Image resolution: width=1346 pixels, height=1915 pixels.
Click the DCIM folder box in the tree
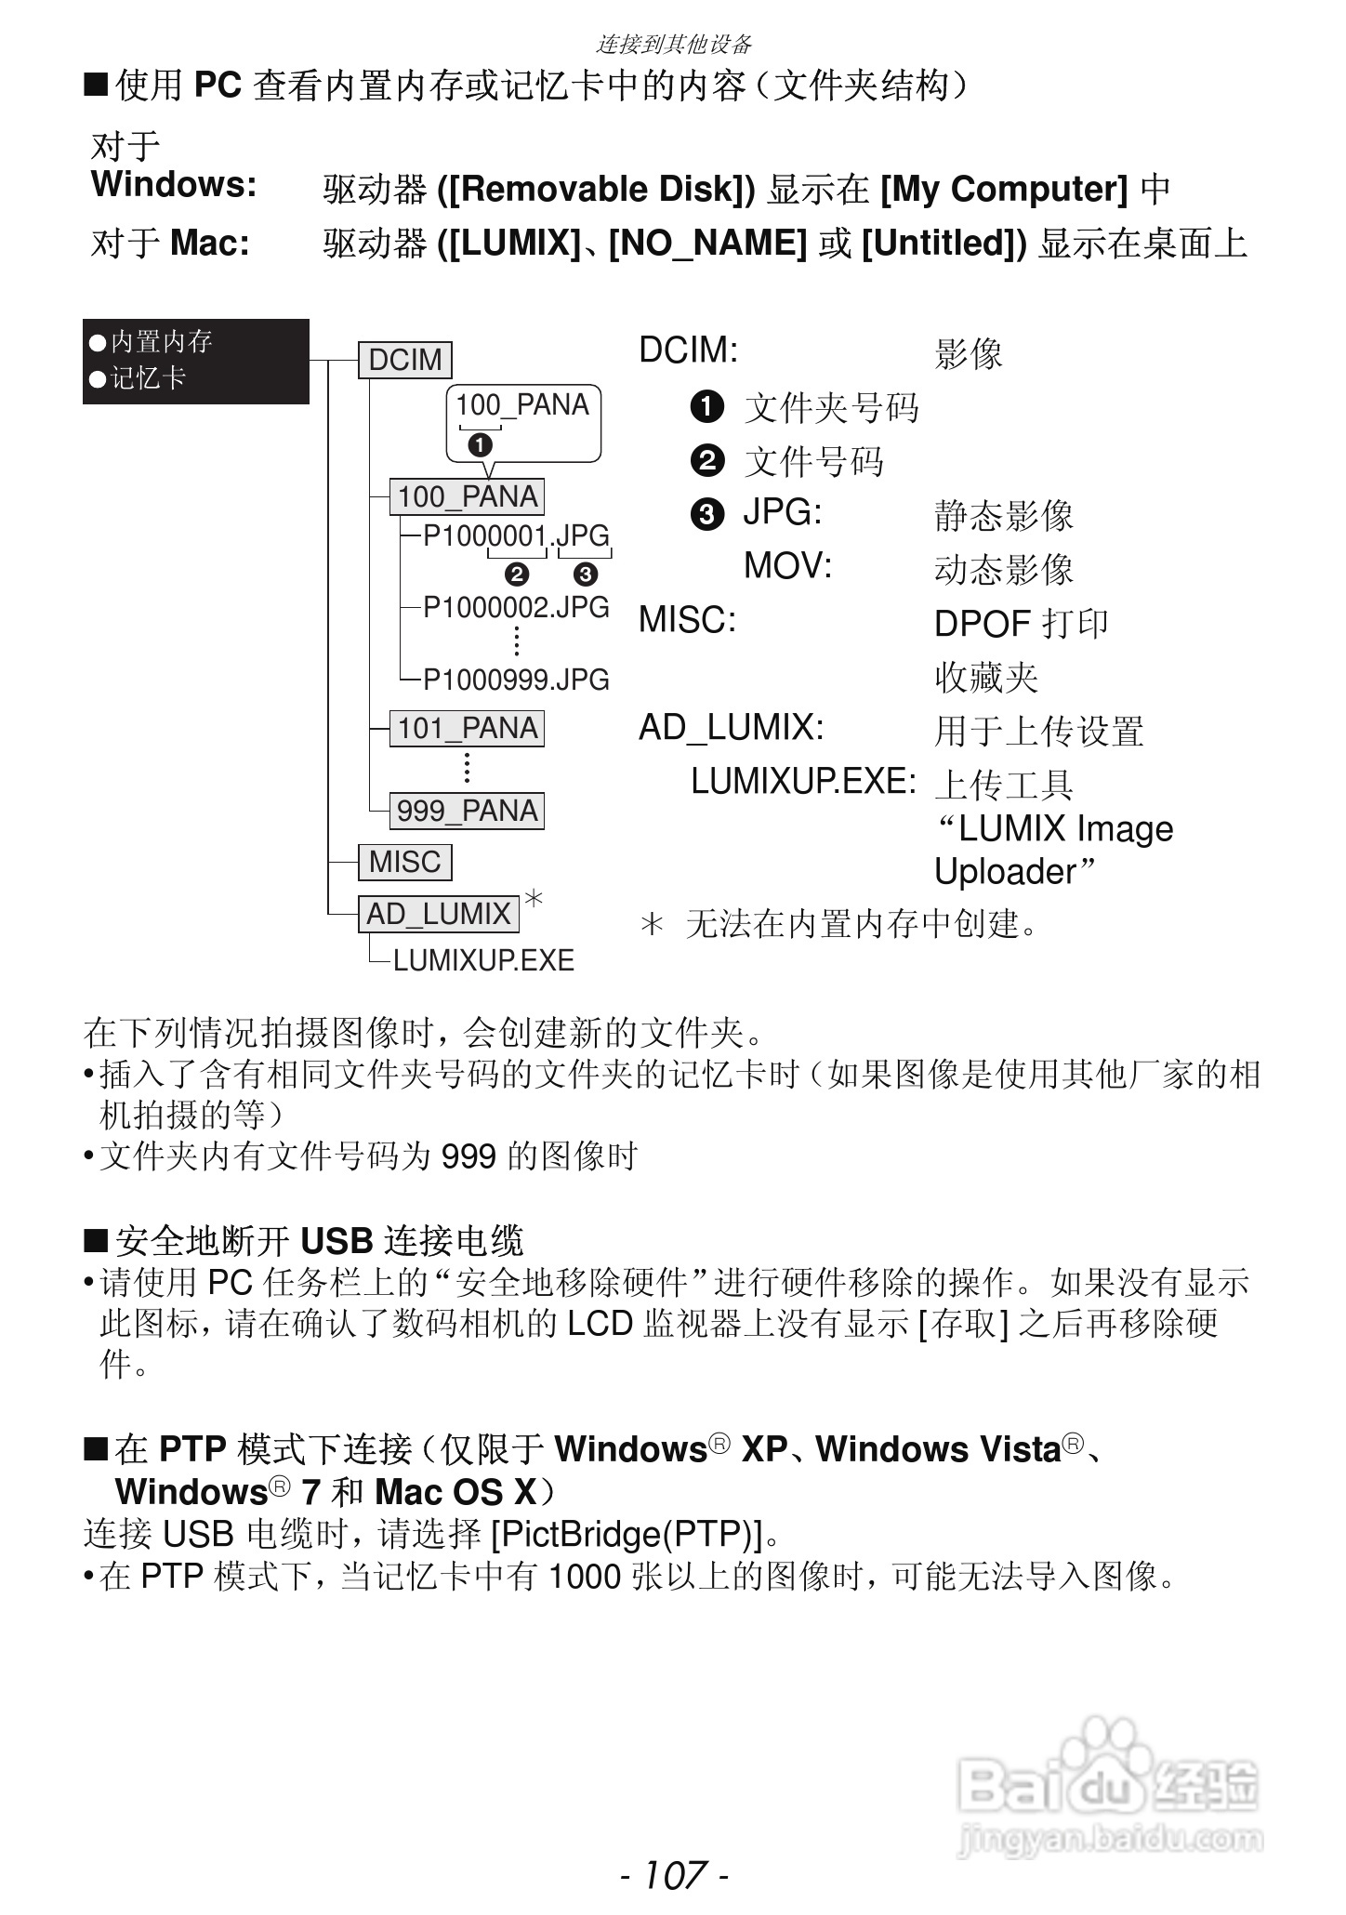pos(405,360)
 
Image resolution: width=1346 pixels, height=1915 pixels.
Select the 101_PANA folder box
pos(468,729)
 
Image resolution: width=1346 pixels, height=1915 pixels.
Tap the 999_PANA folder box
pos(468,811)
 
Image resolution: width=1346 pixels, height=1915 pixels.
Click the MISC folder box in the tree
pos(405,862)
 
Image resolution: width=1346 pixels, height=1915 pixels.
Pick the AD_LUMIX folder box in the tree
pos(439,914)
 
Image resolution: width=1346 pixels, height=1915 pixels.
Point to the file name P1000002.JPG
pos(516,608)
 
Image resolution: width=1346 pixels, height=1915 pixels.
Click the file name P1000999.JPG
pos(516,680)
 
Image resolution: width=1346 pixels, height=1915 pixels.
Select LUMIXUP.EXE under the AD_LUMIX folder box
pos(483,960)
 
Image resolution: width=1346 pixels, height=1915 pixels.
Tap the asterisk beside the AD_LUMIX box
pos(534,898)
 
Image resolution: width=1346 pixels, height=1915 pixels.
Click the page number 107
pos(674,1874)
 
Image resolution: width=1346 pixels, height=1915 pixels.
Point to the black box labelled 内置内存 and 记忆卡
pos(195,361)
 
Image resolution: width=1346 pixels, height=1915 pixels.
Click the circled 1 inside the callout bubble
pos(480,445)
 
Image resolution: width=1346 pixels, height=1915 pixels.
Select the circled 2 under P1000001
pos(517,574)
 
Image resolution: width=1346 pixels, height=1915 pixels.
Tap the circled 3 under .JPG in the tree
pos(586,574)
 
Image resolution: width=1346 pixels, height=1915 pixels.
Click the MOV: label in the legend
pos(787,565)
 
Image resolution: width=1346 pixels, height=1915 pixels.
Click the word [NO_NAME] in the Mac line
pos(707,244)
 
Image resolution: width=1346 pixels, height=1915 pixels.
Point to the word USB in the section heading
pos(336,1241)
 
